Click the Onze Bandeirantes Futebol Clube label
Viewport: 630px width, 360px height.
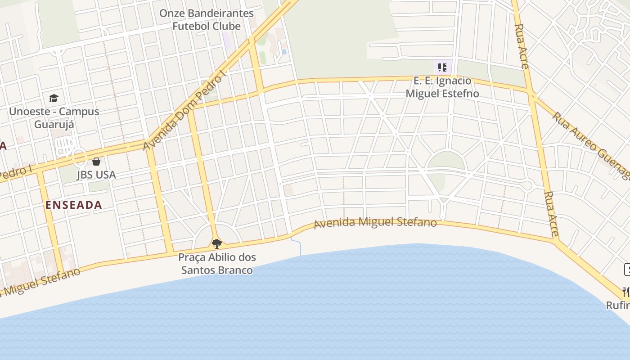[x=207, y=20]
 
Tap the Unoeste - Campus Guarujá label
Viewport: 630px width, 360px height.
[x=54, y=117]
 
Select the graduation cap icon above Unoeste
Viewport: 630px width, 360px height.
[x=54, y=98]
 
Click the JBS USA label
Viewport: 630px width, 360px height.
[x=96, y=175]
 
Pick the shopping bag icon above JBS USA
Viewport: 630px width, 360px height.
[x=96, y=161]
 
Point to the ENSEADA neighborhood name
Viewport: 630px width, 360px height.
[x=74, y=205]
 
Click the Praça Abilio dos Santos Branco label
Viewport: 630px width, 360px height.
[x=217, y=264]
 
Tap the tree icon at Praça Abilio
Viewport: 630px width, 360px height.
[x=217, y=244]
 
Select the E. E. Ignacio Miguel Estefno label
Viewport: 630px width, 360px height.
[x=442, y=87]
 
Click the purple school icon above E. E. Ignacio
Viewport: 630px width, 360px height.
[x=442, y=67]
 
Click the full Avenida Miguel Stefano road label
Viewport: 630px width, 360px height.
[x=375, y=223]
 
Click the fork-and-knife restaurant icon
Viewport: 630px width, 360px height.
[x=626, y=292]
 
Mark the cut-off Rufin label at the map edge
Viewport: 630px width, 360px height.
[x=617, y=305]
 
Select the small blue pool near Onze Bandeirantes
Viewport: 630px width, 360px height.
[x=284, y=52]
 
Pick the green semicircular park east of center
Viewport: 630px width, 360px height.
[x=445, y=161]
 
